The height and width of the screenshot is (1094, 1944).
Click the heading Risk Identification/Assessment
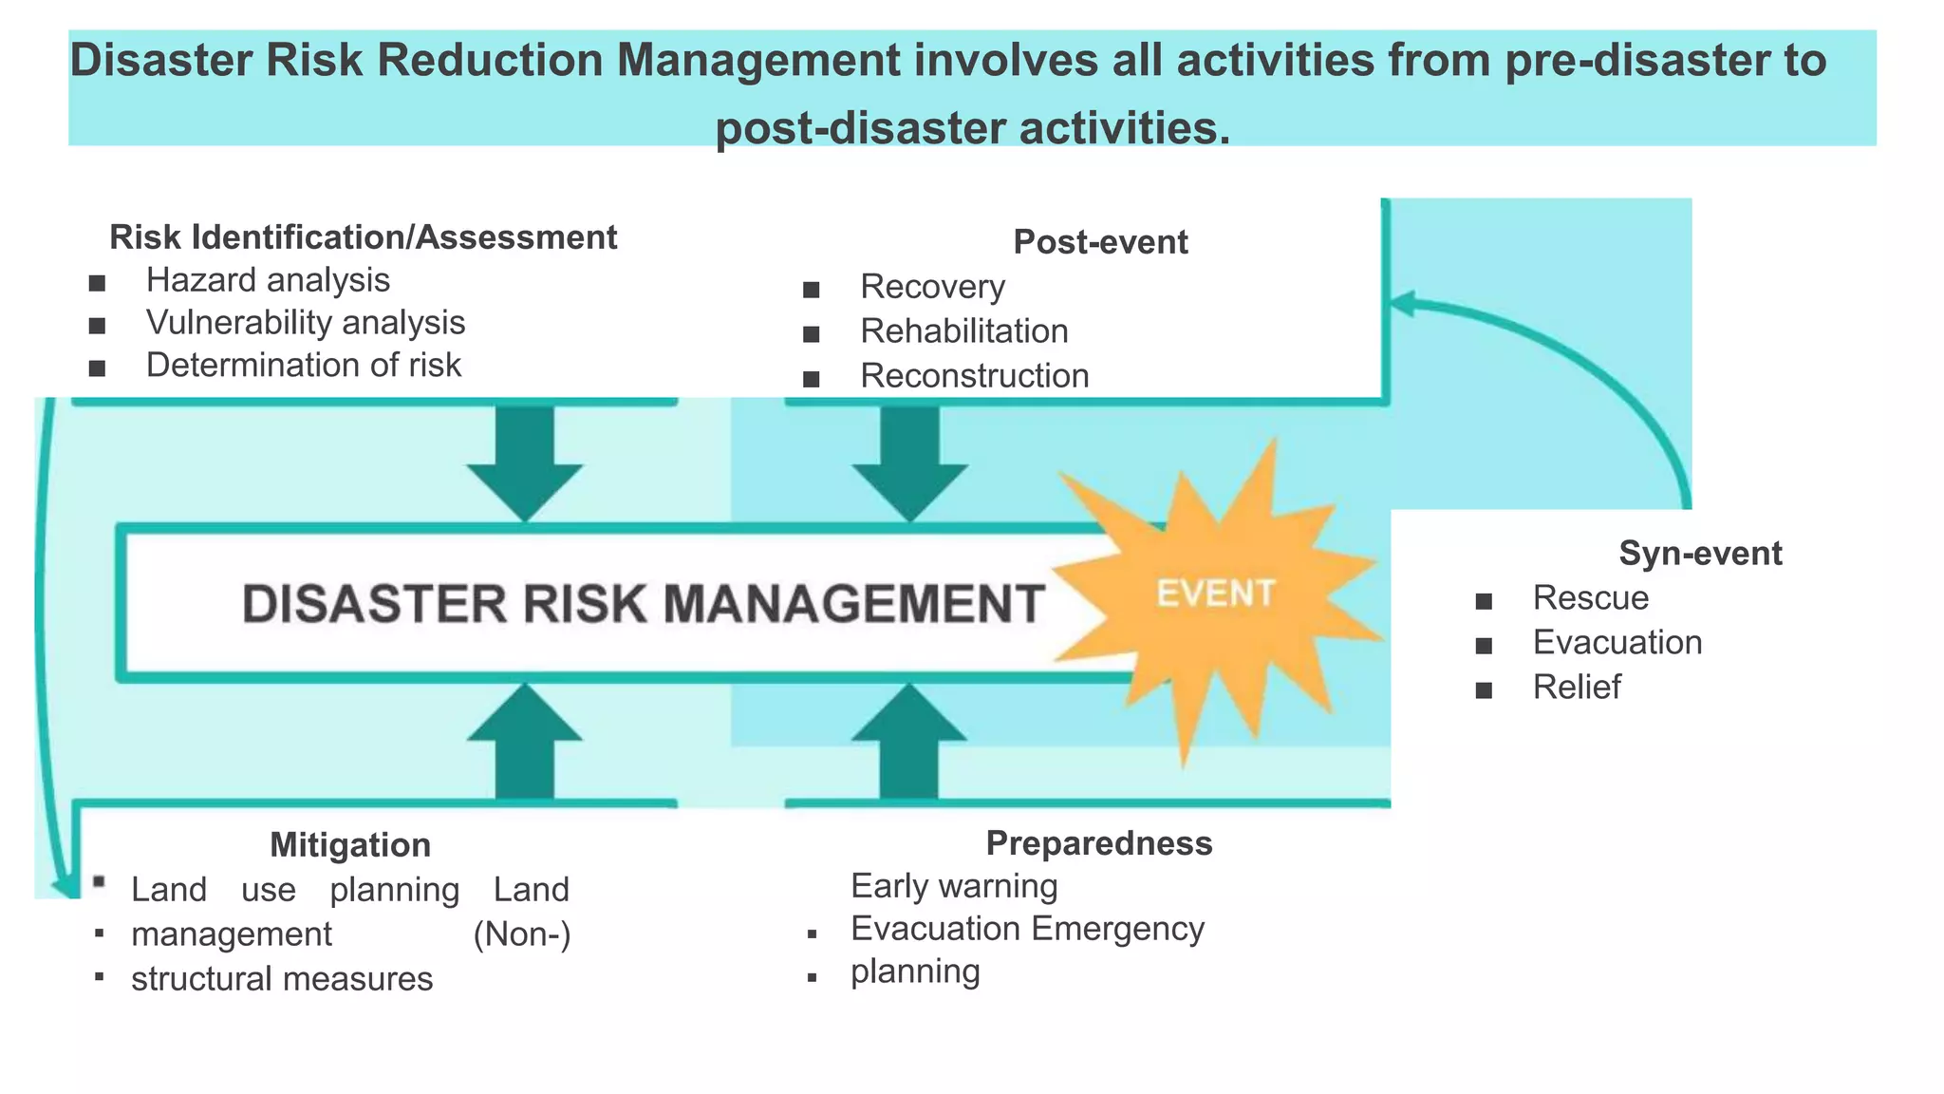[364, 237]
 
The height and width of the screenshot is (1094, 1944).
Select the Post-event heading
[1100, 242]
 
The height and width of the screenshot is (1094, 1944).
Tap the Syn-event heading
[1700, 554]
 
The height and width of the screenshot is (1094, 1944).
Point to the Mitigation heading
[350, 845]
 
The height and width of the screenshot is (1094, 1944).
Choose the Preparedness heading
[1099, 843]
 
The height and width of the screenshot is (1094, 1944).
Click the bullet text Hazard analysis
[268, 281]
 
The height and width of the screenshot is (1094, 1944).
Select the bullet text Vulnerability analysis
[306, 324]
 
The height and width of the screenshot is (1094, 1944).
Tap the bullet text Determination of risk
[304, 366]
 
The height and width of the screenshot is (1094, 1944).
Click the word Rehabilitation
[964, 331]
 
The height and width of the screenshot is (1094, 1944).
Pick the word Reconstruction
[975, 376]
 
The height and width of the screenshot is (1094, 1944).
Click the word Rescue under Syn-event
[1591, 598]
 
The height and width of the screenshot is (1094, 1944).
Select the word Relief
[1577, 688]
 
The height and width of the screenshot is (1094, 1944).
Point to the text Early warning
[954, 886]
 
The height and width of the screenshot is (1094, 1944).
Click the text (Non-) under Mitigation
[522, 934]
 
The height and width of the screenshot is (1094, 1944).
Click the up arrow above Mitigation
[525, 742]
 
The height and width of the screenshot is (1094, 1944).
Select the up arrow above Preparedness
[909, 742]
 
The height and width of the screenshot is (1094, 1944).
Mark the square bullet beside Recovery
[811, 290]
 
